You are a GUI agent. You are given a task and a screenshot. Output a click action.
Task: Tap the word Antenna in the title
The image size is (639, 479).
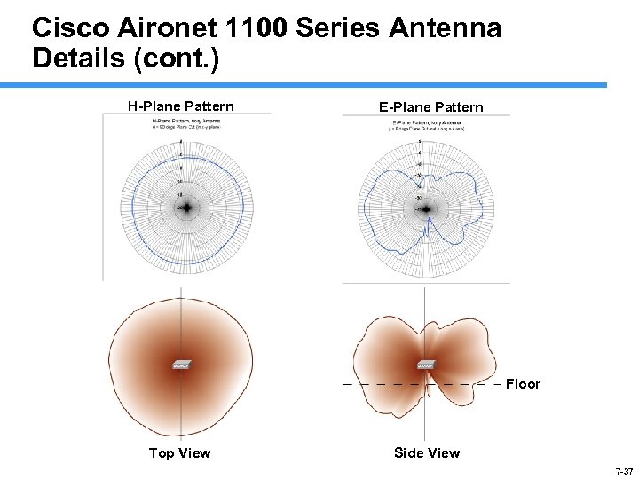(446, 28)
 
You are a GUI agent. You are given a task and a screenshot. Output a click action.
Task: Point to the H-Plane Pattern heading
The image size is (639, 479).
(181, 106)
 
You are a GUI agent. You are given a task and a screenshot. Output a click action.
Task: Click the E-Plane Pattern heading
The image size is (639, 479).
(431, 107)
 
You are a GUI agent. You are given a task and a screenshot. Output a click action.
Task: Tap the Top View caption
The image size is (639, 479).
(180, 453)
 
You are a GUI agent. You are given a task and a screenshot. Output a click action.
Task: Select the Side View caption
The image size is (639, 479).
(427, 453)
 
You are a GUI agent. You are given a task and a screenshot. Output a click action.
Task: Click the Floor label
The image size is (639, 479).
(523, 384)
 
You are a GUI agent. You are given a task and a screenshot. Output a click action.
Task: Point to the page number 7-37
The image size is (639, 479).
(623, 471)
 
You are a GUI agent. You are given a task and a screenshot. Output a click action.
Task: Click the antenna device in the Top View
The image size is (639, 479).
(181, 364)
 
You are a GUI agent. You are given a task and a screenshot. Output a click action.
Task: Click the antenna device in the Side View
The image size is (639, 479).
(426, 364)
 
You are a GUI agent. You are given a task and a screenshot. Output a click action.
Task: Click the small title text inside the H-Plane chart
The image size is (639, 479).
(186, 122)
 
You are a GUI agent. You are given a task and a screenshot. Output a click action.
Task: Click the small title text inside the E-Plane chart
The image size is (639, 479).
(428, 124)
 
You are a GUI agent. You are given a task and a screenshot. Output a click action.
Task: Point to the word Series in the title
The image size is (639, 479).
(338, 28)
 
